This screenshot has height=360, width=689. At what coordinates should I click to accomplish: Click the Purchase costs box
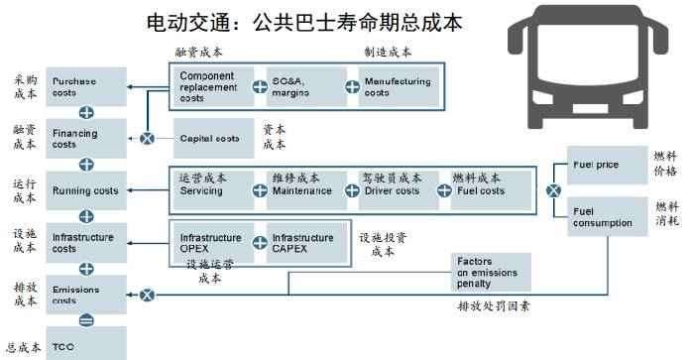coord(85,86)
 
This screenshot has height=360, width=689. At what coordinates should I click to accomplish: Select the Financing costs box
coord(85,138)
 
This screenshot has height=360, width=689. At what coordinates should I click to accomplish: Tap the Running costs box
coord(85,190)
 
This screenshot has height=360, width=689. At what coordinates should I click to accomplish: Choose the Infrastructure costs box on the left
coord(85,242)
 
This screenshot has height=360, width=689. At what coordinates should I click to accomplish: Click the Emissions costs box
coord(85,294)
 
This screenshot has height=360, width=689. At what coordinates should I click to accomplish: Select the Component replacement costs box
coord(211,86)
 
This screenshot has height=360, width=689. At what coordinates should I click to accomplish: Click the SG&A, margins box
coord(303,86)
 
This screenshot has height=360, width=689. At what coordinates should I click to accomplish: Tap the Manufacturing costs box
coord(396,86)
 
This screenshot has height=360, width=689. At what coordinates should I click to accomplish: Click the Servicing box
coord(211,189)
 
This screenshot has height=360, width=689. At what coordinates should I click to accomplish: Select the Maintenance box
coord(303,189)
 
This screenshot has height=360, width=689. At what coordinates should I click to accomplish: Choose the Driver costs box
coord(396,189)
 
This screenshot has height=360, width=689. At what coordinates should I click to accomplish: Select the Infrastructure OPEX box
coord(211,242)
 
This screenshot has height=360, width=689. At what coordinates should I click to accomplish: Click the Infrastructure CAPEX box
coord(304,242)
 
